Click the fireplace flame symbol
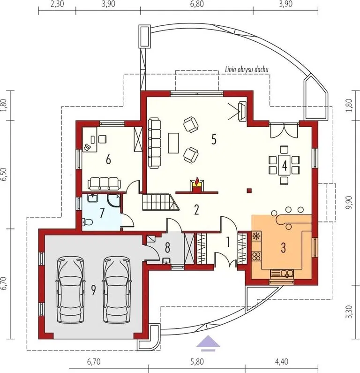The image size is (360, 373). pyautogui.click(x=197, y=182)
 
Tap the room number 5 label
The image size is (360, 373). pyautogui.click(x=214, y=139)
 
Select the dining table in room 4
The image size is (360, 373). pyautogui.click(x=284, y=165)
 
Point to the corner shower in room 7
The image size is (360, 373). pyautogui.click(x=113, y=201)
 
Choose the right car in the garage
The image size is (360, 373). pyautogui.click(x=116, y=289)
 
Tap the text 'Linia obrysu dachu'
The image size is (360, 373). pyautogui.click(x=247, y=69)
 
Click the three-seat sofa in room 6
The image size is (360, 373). pyautogui.click(x=105, y=183)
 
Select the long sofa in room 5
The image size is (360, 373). pyautogui.click(x=155, y=143)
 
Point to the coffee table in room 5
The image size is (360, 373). pyautogui.click(x=173, y=143)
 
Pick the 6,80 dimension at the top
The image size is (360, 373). pyautogui.click(x=197, y=4)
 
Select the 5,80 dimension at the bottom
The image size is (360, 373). pyautogui.click(x=197, y=362)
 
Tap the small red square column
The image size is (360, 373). pyautogui.click(x=249, y=190)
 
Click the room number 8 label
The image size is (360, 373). pyautogui.click(x=167, y=248)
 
